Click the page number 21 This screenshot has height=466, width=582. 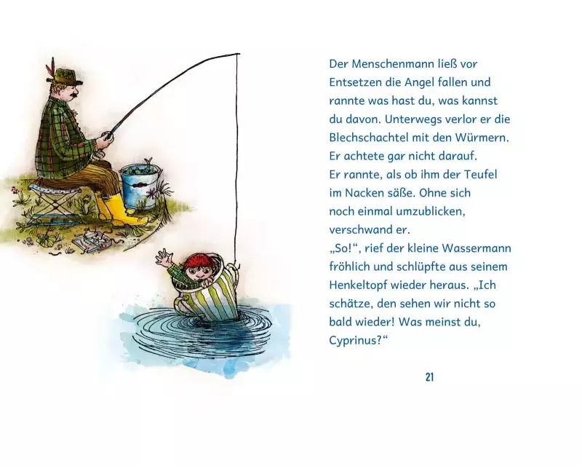tap(429, 377)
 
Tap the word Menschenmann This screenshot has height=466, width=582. tap(392, 64)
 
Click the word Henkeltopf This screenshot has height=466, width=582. tap(357, 285)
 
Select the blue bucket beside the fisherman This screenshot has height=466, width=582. tap(140, 186)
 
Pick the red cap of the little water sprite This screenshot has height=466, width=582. tap(196, 260)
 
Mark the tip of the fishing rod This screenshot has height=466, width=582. tap(239, 55)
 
